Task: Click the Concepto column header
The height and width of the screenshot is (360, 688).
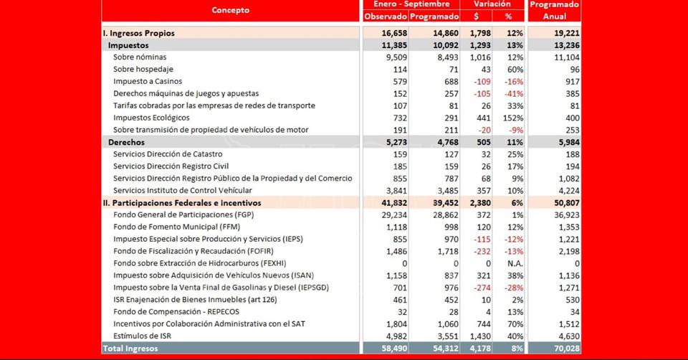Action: click(231, 10)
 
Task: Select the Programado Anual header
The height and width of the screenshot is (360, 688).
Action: click(554, 10)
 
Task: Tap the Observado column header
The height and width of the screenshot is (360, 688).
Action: click(385, 16)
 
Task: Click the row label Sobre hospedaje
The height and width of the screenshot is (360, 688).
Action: click(143, 70)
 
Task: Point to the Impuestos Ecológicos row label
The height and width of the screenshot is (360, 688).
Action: click(151, 118)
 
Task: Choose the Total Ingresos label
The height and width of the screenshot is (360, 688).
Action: click(130, 348)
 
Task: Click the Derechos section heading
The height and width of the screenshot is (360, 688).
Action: click(126, 142)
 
